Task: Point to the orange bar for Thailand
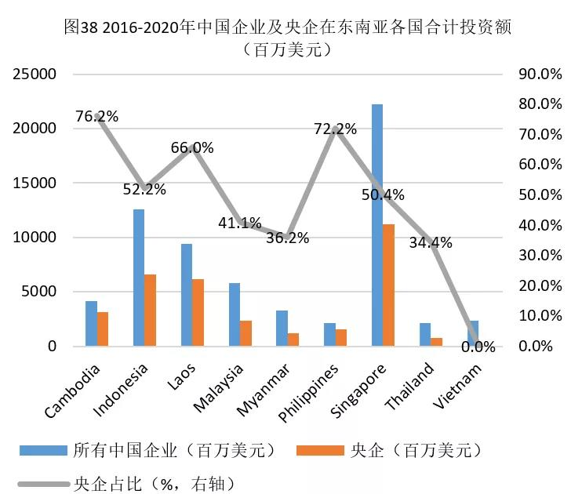coord(436,341)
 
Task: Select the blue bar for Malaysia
coord(234,314)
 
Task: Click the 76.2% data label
coord(96,117)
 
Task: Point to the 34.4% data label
coord(431,243)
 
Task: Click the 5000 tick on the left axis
coord(40,292)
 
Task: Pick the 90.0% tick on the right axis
coord(541,74)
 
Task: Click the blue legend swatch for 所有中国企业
coord(44,449)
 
